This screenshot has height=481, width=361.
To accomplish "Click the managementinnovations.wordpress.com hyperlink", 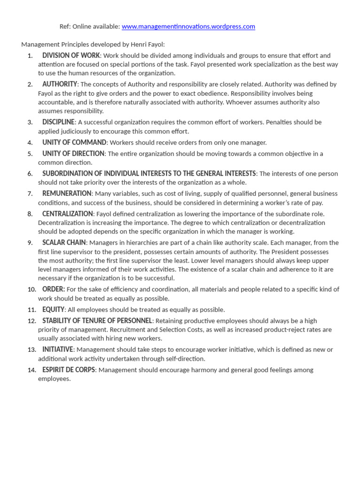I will pos(188,27).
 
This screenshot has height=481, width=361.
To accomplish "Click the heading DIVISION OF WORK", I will pos(71,55).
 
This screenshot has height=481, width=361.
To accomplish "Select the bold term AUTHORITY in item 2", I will pos(60,84).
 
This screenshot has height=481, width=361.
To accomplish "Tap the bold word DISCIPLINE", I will pos(58,122).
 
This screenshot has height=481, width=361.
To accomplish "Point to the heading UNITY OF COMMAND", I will pos(74,142).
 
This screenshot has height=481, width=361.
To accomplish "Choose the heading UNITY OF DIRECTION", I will pos(73,154).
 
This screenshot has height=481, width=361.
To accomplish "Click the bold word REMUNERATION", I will pos(67,194).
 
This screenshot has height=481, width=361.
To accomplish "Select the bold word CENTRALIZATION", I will pos(68,214).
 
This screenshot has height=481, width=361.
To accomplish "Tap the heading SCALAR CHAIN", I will pos(64,242).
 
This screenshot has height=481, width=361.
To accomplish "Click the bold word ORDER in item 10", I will pos(53,289).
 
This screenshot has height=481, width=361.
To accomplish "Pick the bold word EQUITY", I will pos(53,310).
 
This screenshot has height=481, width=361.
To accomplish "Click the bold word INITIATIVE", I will pos(58,349).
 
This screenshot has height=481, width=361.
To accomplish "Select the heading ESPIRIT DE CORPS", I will pos(69,370).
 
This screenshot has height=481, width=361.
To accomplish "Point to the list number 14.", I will pos(32,370).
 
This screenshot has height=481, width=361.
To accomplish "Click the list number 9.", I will pos(30,243).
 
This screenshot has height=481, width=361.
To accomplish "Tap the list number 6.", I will pos(30,174).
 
